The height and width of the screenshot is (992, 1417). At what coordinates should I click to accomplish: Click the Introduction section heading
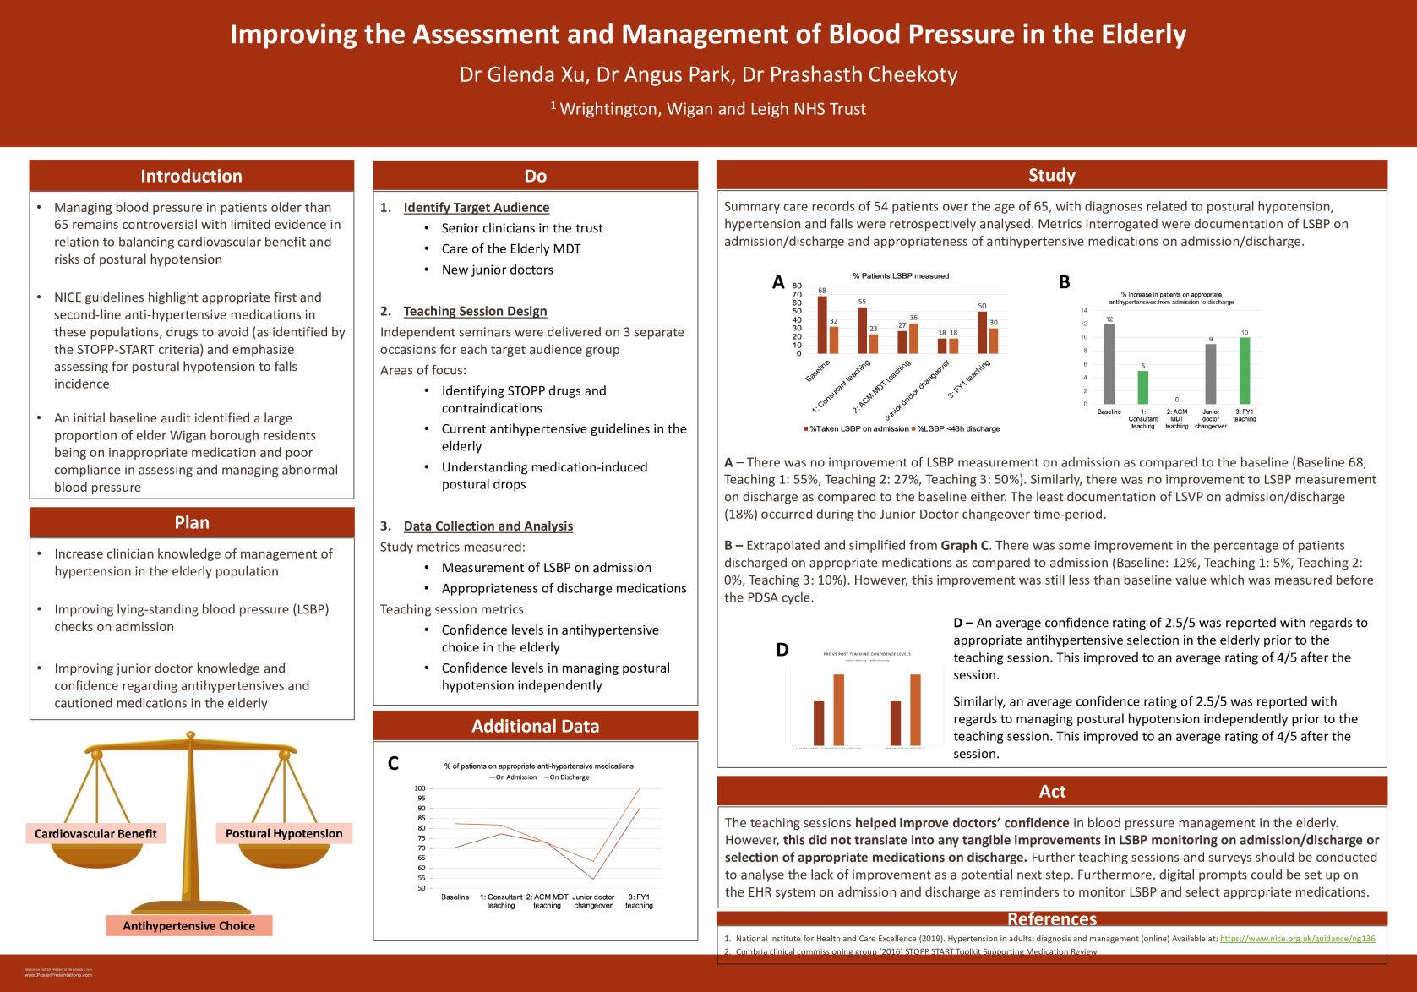[191, 176]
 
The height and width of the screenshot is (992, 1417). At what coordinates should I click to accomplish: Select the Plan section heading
[192, 522]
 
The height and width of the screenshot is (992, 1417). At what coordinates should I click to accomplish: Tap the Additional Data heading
[535, 726]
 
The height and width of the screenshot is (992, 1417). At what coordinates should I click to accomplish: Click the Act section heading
[1052, 791]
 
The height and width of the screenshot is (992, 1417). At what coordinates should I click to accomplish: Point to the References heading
[1052, 918]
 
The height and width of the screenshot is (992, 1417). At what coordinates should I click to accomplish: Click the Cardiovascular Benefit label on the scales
[95, 833]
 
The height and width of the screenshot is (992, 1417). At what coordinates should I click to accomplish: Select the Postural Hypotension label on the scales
[284, 833]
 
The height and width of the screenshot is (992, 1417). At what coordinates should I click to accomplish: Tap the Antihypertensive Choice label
[188, 926]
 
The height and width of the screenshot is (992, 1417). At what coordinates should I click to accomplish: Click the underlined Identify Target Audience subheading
[476, 208]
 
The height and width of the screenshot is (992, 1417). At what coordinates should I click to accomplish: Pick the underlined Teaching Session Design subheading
[475, 311]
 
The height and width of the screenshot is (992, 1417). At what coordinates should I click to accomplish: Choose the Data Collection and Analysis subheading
[488, 526]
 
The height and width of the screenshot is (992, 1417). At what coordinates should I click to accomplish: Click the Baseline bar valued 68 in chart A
[822, 324]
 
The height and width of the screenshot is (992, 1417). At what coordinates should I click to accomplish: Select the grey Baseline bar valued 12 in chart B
[1109, 364]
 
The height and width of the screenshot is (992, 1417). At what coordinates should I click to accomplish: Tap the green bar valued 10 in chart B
[1244, 371]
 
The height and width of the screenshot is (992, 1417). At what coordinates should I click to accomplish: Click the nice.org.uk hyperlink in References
[1297, 938]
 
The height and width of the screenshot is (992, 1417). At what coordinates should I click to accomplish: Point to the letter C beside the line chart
[393, 764]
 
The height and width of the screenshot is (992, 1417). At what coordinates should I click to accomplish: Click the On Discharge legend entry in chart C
[569, 777]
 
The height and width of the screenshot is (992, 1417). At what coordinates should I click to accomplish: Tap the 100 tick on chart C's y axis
[420, 788]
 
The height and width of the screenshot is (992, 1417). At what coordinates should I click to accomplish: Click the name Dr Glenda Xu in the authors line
[522, 75]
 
